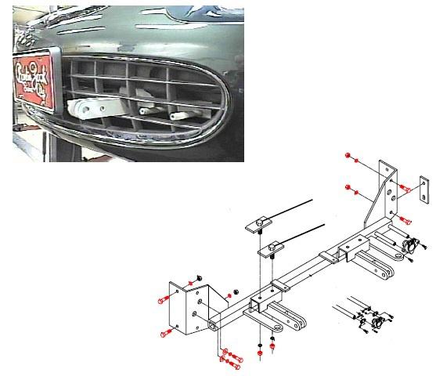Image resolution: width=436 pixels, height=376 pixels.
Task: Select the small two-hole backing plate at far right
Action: (x=424, y=189)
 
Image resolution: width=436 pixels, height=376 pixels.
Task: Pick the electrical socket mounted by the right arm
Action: (x=408, y=245)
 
